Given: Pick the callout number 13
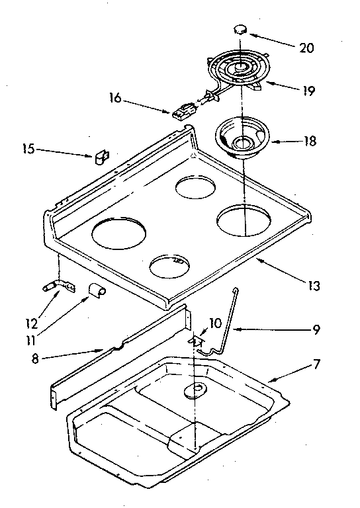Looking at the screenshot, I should tap(314, 286).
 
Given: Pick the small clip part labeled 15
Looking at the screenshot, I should tap(101, 157).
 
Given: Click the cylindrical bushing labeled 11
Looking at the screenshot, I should tap(97, 290).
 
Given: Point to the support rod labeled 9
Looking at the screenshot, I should tap(224, 317).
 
